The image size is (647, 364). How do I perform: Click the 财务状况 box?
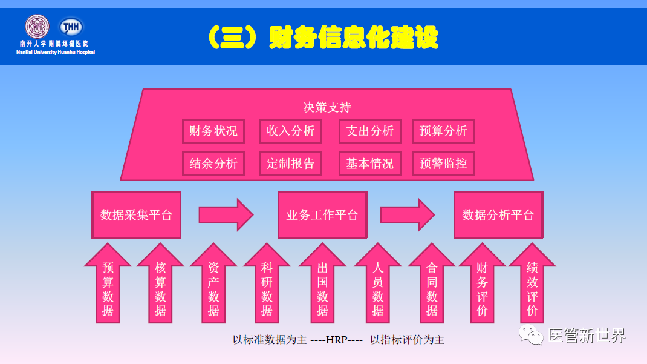[x=213, y=131]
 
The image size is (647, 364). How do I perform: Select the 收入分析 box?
[x=291, y=131]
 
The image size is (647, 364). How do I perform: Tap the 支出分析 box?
[x=369, y=131]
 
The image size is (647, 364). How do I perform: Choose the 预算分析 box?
[x=443, y=131]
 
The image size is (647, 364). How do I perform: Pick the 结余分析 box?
[x=213, y=164]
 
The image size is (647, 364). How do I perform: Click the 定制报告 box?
[x=291, y=164]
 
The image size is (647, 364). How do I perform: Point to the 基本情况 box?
[x=369, y=164]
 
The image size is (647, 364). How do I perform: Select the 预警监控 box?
[x=443, y=164]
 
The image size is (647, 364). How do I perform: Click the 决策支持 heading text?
[x=327, y=107]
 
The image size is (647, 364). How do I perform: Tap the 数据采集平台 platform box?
[x=136, y=215]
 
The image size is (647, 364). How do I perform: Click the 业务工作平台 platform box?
[x=322, y=215]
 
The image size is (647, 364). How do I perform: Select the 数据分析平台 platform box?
[x=498, y=215]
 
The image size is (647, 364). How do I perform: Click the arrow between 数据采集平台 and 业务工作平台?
[x=226, y=215]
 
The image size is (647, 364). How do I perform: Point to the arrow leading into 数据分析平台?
[x=407, y=215]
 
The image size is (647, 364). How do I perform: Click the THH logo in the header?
[x=71, y=27]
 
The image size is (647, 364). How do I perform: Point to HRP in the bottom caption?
[x=337, y=340]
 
